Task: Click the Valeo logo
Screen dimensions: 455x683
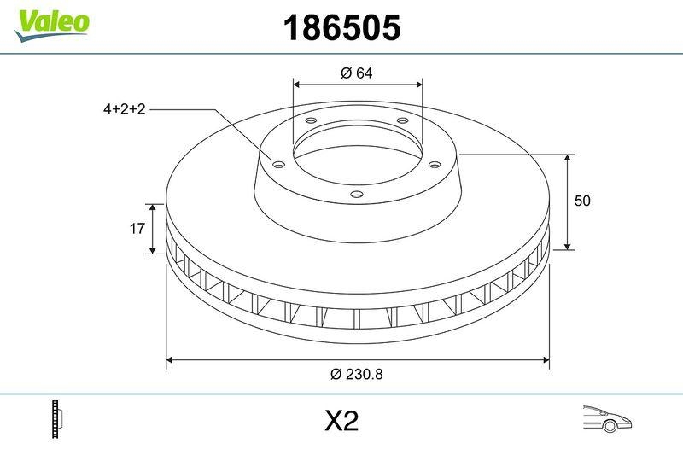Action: [x=51, y=22]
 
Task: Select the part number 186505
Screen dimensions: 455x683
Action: [x=341, y=28]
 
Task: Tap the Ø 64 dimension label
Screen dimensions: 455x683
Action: [x=357, y=73]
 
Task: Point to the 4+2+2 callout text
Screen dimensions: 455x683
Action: [x=125, y=109]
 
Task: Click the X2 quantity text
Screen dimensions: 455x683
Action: [x=341, y=421]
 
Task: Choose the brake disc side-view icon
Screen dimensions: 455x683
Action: [x=58, y=420]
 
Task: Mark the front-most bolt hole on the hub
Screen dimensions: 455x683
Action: [x=357, y=195]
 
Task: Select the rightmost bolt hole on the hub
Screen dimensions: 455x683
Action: [x=434, y=164]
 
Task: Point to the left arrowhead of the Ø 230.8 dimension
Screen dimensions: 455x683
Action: [x=170, y=360]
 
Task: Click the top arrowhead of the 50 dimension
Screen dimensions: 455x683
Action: [x=569, y=159]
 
